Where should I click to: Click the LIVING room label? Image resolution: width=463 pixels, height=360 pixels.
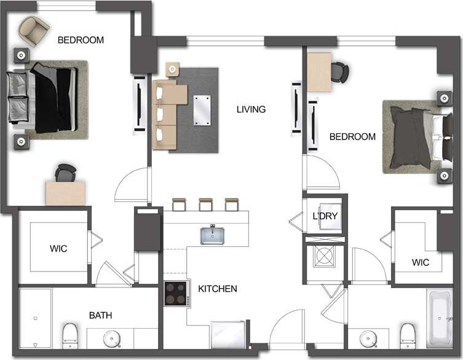pyautogui.click(x=251, y=109)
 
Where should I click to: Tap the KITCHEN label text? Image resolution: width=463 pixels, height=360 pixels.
pyautogui.click(x=217, y=288)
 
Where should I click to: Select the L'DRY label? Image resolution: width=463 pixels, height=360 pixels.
pyautogui.click(x=324, y=216)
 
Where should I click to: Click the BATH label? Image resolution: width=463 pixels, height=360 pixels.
pyautogui.click(x=100, y=315)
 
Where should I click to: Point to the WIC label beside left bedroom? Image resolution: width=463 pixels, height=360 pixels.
pyautogui.click(x=58, y=249)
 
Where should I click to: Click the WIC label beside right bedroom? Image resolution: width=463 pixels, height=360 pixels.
pyautogui.click(x=421, y=262)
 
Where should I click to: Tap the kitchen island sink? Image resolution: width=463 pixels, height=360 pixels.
pyautogui.click(x=212, y=235)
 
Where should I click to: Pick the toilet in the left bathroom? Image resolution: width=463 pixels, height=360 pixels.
pyautogui.click(x=70, y=335)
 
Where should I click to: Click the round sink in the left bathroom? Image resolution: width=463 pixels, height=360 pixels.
pyautogui.click(x=112, y=338)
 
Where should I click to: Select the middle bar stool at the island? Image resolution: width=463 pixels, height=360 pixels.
pyautogui.click(x=205, y=204)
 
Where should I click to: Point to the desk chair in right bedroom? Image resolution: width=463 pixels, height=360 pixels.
pyautogui.click(x=339, y=71)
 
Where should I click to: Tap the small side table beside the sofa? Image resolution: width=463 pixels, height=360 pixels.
pyautogui.click(x=173, y=68)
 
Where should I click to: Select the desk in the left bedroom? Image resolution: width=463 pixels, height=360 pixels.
pyautogui.click(x=65, y=193)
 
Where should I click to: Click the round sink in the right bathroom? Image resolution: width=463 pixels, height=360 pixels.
pyautogui.click(x=368, y=338)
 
